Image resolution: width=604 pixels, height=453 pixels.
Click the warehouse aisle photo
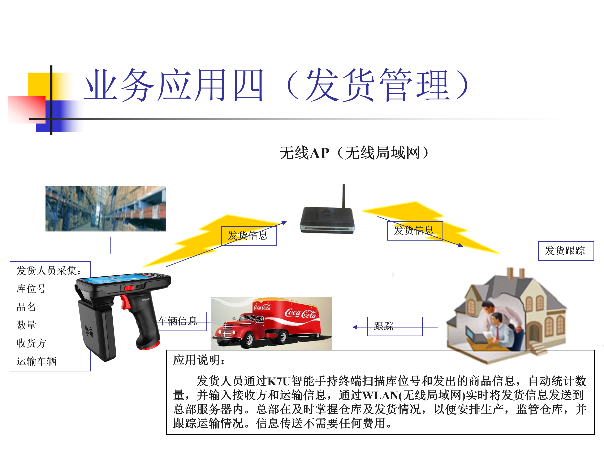(106, 209)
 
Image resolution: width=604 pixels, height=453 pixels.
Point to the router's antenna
(344, 196)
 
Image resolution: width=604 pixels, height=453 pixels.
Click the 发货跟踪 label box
(566, 251)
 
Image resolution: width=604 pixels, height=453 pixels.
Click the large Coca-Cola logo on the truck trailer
(300, 314)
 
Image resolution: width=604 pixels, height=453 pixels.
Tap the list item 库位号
(31, 289)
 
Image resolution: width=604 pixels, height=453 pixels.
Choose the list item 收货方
(31, 343)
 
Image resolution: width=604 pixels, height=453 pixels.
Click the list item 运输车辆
(36, 361)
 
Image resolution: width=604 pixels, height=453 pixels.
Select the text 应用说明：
(199, 360)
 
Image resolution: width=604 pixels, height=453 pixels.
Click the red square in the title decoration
(27, 109)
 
